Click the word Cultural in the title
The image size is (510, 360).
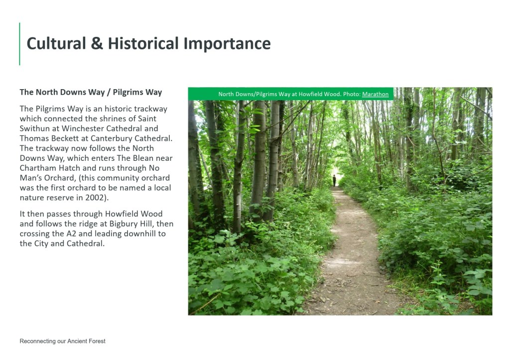(56, 44)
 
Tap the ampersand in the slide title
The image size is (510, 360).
(97, 44)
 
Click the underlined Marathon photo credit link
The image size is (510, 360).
(376, 94)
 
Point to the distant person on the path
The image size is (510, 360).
(334, 180)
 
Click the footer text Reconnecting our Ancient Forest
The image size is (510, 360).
(62, 341)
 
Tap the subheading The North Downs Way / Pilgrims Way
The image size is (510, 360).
(91, 92)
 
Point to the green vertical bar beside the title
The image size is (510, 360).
(19, 44)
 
